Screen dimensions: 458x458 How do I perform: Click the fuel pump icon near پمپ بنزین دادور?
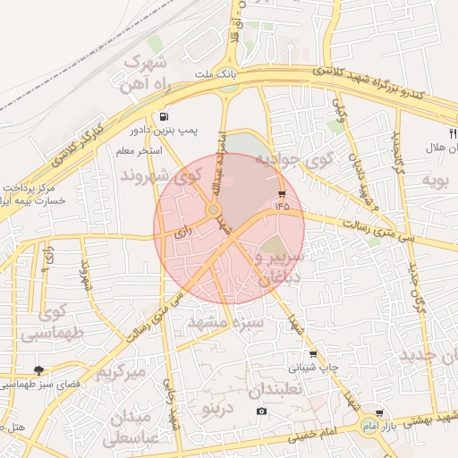click(x=164, y=117)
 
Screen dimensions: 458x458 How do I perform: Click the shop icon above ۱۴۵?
click(x=283, y=193)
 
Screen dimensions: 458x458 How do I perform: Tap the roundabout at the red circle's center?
click(x=214, y=210)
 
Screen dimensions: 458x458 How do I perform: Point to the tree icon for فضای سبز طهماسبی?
click(x=38, y=369)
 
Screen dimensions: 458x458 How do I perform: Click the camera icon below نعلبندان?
click(x=261, y=411)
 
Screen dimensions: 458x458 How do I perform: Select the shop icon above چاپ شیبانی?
click(x=312, y=354)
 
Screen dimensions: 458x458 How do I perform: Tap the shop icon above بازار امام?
click(x=380, y=413)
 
